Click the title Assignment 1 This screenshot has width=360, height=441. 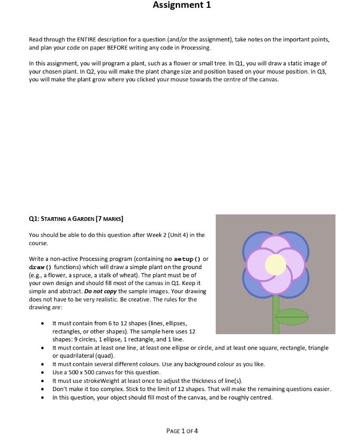182,5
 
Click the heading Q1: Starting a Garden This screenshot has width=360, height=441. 76,219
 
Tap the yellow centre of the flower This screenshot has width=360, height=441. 276,264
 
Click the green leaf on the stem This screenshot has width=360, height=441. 292,317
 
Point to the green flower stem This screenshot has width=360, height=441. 276,319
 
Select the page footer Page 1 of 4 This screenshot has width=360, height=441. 182,431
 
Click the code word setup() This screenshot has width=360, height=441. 187,259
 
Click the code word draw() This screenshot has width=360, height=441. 40,267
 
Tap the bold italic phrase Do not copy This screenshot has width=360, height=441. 100,292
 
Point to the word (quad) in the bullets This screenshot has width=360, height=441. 105,356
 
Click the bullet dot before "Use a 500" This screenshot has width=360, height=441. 42,373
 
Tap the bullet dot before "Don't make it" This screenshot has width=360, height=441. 42,389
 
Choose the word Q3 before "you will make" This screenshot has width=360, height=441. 321,71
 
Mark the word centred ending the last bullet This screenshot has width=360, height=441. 261,398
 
